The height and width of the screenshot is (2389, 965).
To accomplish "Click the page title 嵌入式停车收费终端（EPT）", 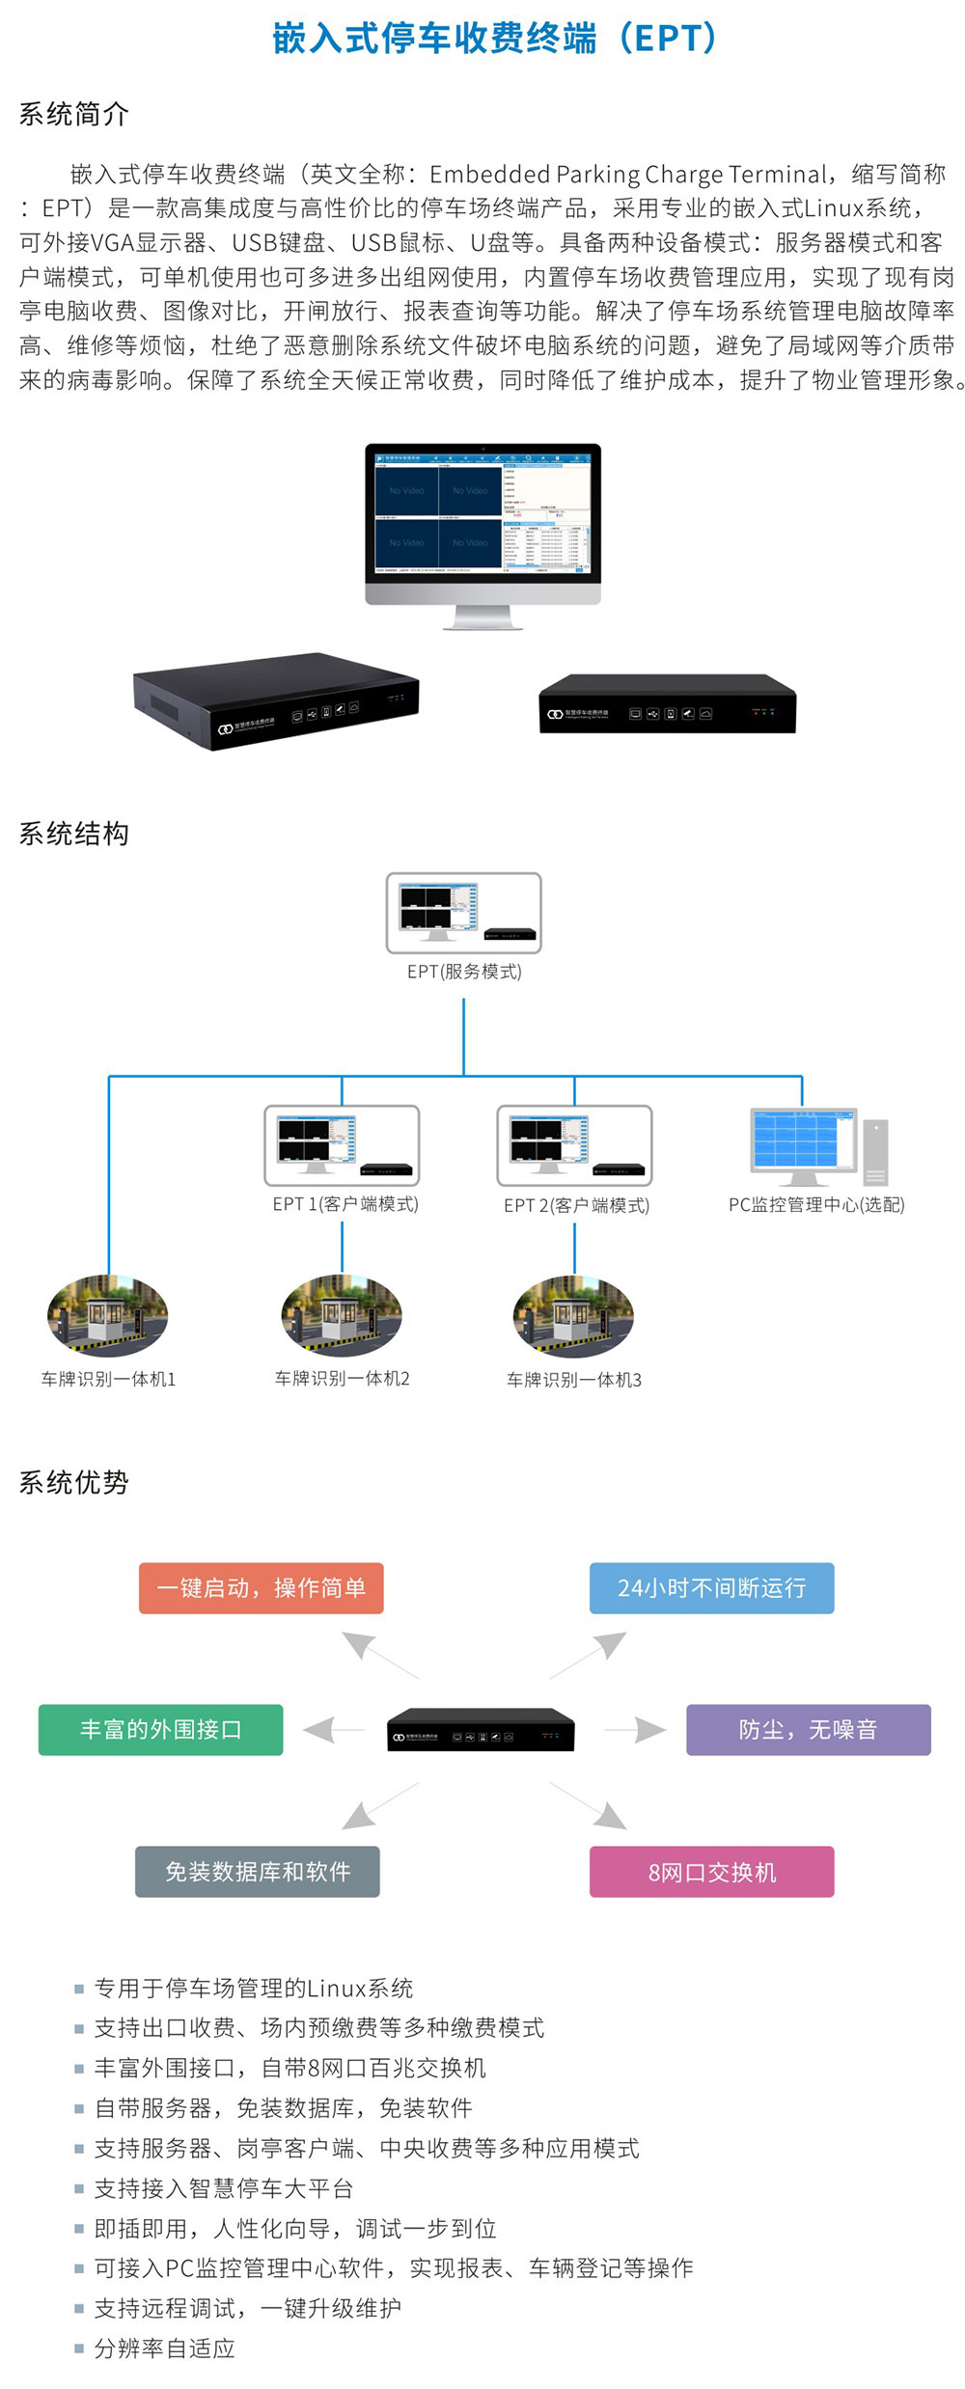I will pyautogui.click(x=495, y=39).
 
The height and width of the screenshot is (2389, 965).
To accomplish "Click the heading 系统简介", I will pyautogui.click(x=74, y=114).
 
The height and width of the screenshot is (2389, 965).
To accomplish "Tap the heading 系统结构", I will pyautogui.click(x=74, y=834).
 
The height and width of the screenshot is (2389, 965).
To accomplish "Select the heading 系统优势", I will pyautogui.click(x=74, y=1482).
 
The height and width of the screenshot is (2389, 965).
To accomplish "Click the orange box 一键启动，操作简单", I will pyautogui.click(x=262, y=1588).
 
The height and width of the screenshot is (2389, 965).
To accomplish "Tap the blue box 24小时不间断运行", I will pyautogui.click(x=711, y=1588).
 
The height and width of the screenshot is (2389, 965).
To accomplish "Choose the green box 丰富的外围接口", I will pyautogui.click(x=161, y=1730).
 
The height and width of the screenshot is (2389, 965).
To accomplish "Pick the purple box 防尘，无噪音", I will pyautogui.click(x=808, y=1730).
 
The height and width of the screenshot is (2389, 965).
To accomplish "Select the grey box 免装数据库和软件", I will pyautogui.click(x=258, y=1872).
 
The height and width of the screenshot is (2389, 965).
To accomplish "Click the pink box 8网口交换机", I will pyautogui.click(x=711, y=1872).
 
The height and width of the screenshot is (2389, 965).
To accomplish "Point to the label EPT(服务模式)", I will pyautogui.click(x=464, y=972).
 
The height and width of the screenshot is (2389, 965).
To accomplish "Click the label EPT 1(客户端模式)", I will pyautogui.click(x=345, y=1204).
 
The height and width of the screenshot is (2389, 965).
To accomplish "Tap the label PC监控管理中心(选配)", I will pyautogui.click(x=816, y=1204).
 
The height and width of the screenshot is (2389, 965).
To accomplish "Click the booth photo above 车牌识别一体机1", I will pyautogui.click(x=108, y=1316).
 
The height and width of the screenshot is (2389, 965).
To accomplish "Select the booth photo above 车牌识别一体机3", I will pyautogui.click(x=574, y=1316).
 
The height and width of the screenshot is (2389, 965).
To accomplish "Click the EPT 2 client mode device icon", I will pyautogui.click(x=574, y=1145).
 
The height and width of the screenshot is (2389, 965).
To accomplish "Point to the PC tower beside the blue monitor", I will pyautogui.click(x=875, y=1152).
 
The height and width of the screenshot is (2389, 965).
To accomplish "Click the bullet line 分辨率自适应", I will pyautogui.click(x=165, y=2348).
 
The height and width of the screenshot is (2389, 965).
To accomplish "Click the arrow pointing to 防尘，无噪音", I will pyautogui.click(x=637, y=1730).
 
